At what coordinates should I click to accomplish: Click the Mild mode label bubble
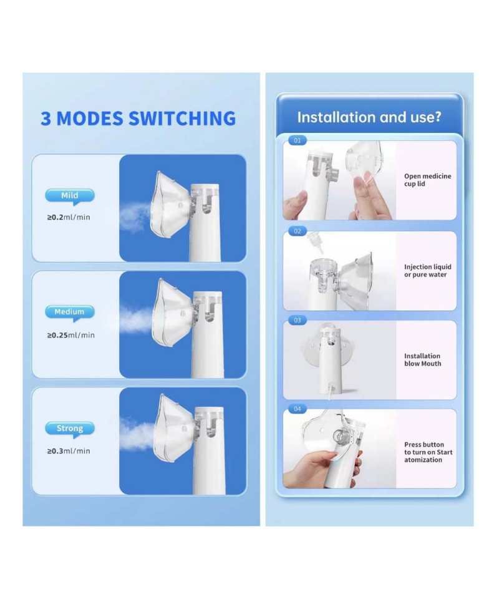(69, 196)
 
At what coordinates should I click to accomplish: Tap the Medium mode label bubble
(69, 313)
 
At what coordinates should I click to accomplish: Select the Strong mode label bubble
(69, 429)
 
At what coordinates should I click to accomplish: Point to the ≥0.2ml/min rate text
(69, 217)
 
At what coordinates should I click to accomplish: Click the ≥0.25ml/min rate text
(71, 335)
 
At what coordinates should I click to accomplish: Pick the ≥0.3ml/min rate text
(69, 450)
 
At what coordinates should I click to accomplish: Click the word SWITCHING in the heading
(182, 119)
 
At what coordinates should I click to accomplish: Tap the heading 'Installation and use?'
(369, 117)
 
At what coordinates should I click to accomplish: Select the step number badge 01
(298, 140)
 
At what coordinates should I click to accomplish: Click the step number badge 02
(298, 231)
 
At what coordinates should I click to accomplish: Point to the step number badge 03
(298, 320)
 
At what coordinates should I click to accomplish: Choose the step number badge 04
(298, 409)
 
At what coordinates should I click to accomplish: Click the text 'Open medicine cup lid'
(428, 180)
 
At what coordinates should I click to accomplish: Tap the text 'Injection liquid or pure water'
(428, 270)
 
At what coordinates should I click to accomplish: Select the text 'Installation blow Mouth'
(422, 360)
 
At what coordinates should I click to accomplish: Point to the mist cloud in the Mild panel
(133, 217)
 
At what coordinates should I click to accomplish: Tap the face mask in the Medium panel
(174, 311)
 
